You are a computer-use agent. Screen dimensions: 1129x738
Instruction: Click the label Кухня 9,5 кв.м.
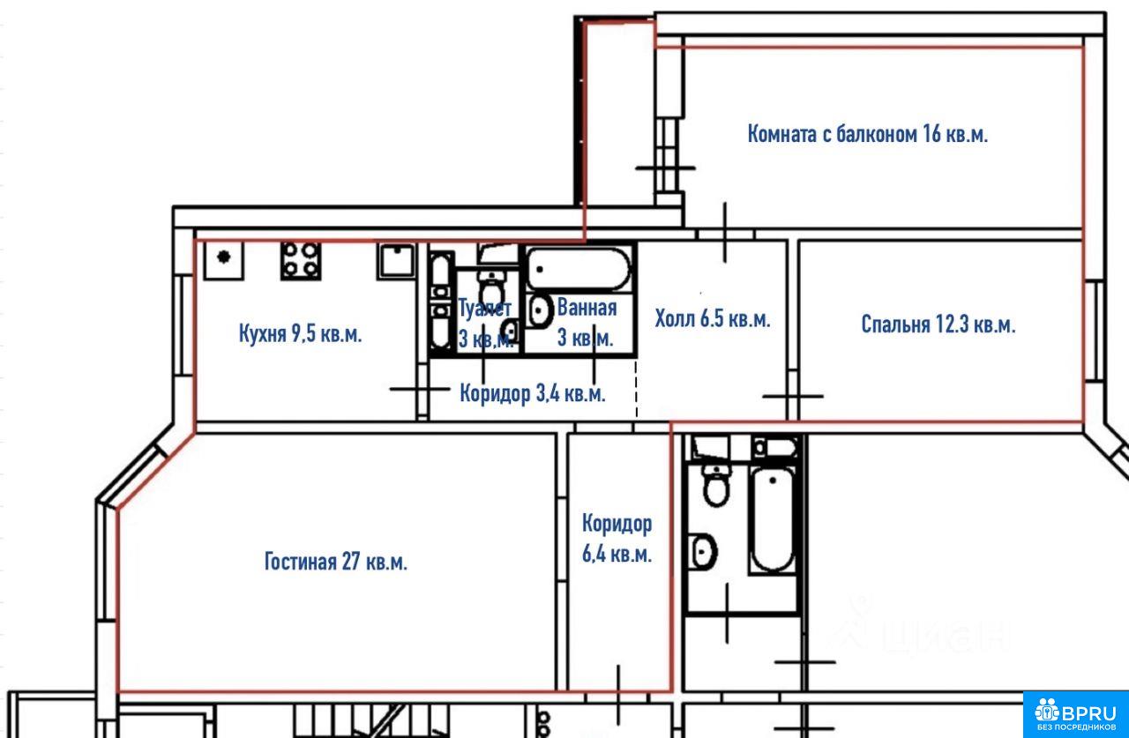pyautogui.click(x=301, y=333)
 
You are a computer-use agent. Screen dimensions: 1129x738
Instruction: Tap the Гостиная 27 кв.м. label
pyautogui.click(x=336, y=561)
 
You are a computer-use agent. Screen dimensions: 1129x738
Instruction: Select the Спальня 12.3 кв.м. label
pyautogui.click(x=938, y=324)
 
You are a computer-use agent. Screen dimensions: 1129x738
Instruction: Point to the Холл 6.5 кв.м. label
pyautogui.click(x=713, y=318)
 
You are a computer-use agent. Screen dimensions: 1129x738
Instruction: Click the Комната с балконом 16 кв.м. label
pyautogui.click(x=867, y=134)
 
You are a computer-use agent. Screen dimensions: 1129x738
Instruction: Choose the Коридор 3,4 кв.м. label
pyautogui.click(x=533, y=393)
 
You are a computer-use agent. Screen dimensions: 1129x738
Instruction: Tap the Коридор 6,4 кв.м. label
pyautogui.click(x=617, y=539)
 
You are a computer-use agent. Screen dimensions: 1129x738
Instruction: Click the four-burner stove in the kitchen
pyautogui.click(x=301, y=261)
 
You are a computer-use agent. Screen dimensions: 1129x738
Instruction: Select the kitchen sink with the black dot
pyautogui.click(x=224, y=260)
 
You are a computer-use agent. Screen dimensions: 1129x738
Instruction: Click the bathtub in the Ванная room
pyautogui.click(x=578, y=269)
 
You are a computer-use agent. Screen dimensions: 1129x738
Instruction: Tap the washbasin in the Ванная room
pyautogui.click(x=540, y=310)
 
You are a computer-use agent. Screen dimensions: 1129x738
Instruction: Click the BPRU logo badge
pyautogui.click(x=1075, y=715)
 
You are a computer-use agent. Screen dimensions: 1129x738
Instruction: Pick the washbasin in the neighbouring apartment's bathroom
pyautogui.click(x=704, y=552)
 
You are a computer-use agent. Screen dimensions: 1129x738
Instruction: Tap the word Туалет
pyautogui.click(x=485, y=308)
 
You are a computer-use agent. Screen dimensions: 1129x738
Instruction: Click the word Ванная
pyautogui.click(x=587, y=308)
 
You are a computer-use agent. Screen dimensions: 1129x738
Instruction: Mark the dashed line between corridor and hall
pyautogui.click(x=637, y=389)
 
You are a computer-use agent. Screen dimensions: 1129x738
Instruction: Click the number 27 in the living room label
pyautogui.click(x=351, y=561)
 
